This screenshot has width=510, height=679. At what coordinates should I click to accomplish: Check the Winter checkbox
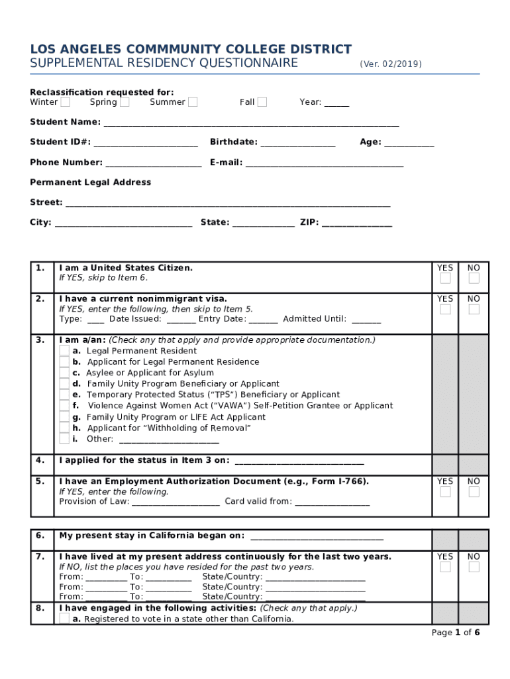(65, 102)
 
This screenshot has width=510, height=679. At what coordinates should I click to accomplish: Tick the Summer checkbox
(192, 102)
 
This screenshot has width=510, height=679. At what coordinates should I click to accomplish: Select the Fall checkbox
(262, 102)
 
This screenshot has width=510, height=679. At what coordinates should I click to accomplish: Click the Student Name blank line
(251, 123)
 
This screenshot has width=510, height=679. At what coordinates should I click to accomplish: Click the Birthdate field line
(298, 143)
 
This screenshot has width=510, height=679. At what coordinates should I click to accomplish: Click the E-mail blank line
(325, 164)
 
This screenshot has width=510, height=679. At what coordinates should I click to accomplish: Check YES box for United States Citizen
(445, 278)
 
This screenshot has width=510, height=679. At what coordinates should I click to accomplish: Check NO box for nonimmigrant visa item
(474, 310)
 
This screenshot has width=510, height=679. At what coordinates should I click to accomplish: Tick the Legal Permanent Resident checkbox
(64, 351)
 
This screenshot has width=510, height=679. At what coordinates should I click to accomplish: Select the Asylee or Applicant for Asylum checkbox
(64, 373)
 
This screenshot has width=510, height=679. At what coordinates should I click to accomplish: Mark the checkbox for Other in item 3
(64, 438)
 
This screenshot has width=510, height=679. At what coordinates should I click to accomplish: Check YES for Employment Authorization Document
(445, 492)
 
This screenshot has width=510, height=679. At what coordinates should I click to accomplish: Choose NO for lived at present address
(474, 567)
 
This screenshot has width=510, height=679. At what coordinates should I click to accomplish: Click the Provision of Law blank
(176, 503)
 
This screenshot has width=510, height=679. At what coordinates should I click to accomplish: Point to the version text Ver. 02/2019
(390, 64)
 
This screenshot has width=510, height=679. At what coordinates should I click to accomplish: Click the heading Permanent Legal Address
(90, 182)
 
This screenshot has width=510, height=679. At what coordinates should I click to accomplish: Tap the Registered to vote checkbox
(64, 619)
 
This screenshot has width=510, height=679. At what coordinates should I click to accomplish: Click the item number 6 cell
(41, 536)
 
